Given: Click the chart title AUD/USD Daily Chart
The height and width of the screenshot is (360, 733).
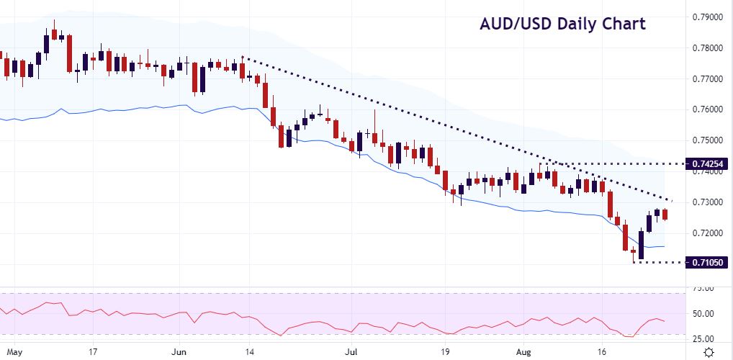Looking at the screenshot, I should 562,24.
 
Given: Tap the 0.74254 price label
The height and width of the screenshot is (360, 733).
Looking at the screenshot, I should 709,164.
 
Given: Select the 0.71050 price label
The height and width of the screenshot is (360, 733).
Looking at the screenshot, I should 709,263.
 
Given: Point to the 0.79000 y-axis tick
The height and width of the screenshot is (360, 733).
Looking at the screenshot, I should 709,17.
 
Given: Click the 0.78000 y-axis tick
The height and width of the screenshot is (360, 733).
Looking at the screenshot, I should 709,48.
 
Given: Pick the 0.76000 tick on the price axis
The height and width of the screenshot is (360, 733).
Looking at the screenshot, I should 709,109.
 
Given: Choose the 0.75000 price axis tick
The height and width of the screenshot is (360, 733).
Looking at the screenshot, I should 709,140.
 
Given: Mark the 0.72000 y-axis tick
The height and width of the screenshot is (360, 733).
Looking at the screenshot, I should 709,233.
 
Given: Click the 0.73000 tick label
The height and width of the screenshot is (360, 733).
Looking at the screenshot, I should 709,202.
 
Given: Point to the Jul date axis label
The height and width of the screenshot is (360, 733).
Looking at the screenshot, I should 351,353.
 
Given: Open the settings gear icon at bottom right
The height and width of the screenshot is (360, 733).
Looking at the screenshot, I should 709,352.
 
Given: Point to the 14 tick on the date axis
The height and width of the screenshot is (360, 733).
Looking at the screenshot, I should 250,353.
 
